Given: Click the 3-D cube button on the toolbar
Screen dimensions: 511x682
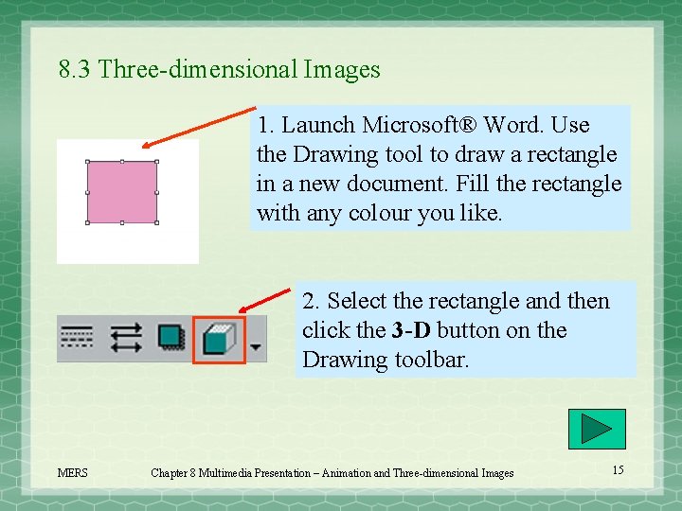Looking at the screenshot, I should [x=219, y=339].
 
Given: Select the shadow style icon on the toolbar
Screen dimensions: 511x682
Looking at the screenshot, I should [x=170, y=338].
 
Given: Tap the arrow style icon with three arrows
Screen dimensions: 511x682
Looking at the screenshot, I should [x=126, y=338].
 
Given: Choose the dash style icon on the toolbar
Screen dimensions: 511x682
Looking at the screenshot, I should [x=77, y=338].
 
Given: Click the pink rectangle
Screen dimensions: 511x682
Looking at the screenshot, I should [x=122, y=192].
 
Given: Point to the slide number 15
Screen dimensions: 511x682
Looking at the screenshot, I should [x=618, y=470].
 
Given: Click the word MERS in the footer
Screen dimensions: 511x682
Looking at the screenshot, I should [x=73, y=473].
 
